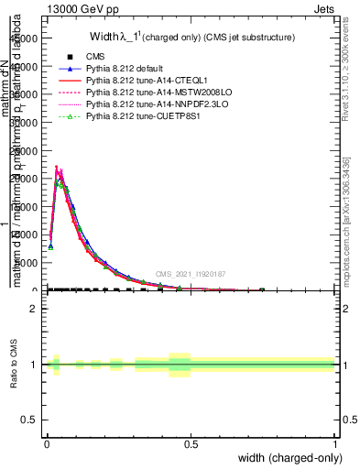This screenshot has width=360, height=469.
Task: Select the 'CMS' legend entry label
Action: tap(96, 57)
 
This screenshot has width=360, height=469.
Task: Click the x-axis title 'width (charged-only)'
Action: tap(291, 458)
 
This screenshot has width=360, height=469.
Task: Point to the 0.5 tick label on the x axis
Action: tap(191, 444)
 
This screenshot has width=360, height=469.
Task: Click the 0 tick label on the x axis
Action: tap(47, 444)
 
